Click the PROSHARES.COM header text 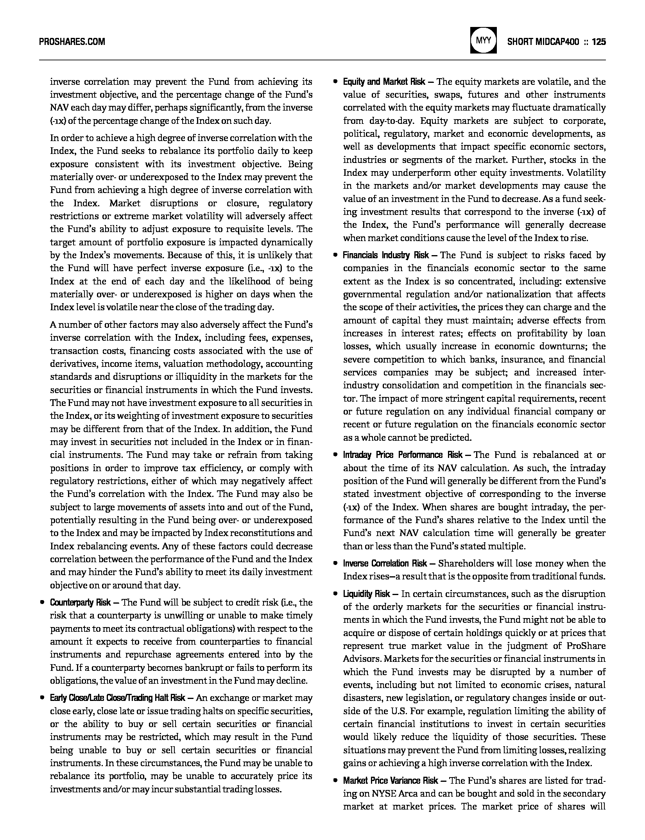tap(72, 41)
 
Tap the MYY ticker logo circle tap(484, 41)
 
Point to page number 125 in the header tap(599, 41)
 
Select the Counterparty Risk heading tap(81, 602)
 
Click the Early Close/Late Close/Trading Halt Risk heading tap(118, 698)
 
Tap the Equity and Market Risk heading tap(384, 82)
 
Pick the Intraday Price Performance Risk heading tap(403, 455)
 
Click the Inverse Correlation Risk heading tap(385, 563)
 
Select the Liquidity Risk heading tap(366, 594)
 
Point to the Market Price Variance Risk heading tap(391, 781)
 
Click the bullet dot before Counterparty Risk tap(42, 603)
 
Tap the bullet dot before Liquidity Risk tap(335, 594)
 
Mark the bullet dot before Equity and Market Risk tap(335, 82)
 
